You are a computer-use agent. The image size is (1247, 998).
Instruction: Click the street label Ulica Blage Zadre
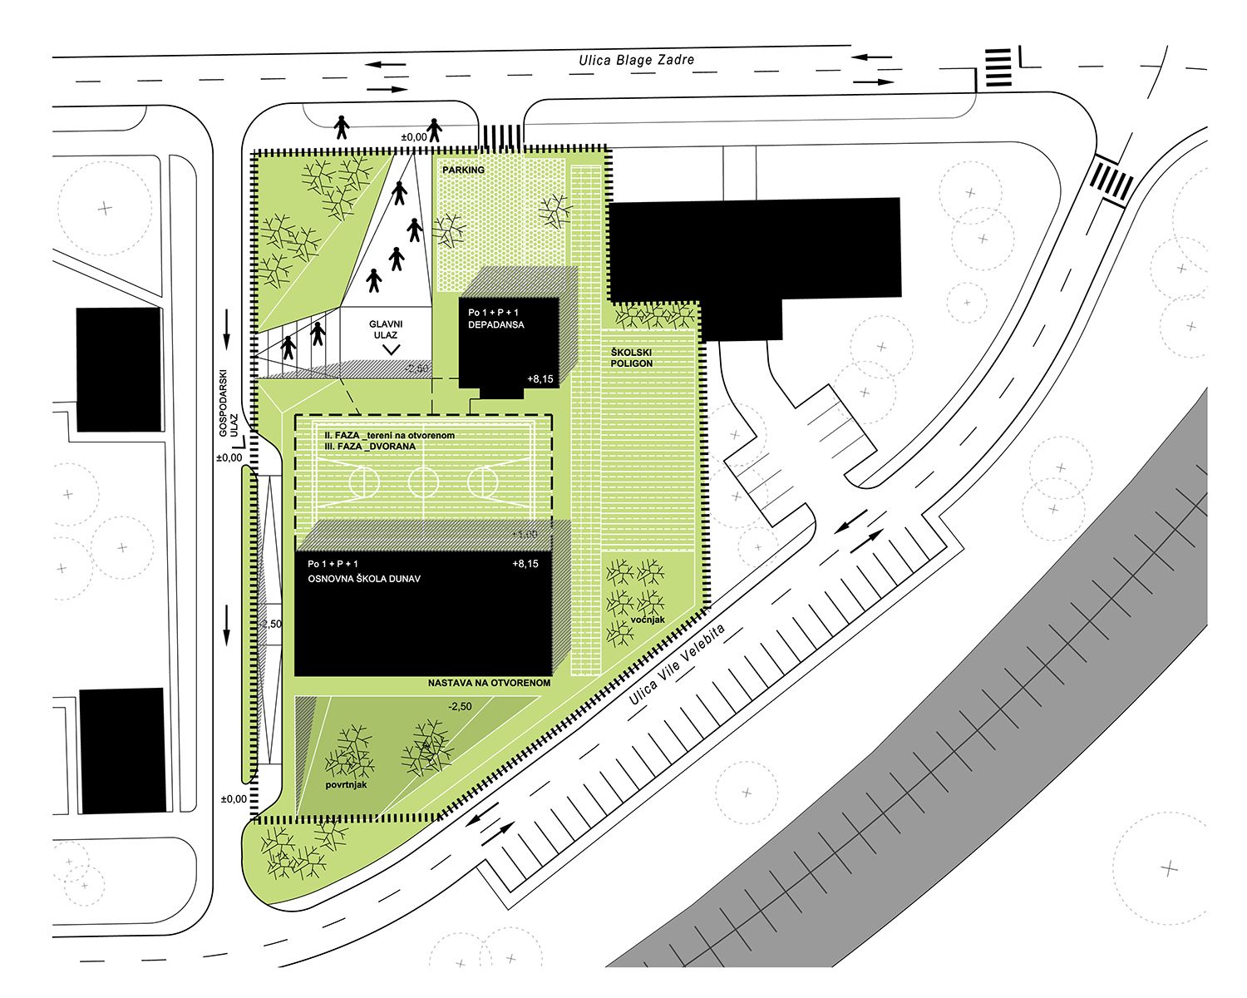(636, 60)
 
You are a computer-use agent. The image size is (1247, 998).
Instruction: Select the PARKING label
(463, 170)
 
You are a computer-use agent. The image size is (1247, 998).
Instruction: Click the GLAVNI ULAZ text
(386, 329)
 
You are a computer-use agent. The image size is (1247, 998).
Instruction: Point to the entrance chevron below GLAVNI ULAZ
(392, 349)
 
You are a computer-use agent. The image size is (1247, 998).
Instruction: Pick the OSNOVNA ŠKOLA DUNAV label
(364, 579)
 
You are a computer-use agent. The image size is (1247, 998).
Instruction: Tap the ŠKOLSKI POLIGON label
(632, 358)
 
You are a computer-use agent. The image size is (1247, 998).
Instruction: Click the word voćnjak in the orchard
(648, 620)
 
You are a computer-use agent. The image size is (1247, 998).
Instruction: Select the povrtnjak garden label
(346, 785)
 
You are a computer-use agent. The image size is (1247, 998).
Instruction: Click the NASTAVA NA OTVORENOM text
(489, 683)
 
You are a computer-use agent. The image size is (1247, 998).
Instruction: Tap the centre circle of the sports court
(424, 481)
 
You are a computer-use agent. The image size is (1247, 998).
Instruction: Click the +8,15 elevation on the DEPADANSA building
(540, 379)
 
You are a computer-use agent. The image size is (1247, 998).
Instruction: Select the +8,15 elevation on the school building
(525, 564)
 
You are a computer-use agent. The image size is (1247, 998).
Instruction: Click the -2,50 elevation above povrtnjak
(460, 706)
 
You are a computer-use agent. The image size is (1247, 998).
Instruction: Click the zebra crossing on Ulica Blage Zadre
(998, 68)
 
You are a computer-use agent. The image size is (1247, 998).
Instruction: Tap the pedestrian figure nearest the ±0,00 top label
(434, 129)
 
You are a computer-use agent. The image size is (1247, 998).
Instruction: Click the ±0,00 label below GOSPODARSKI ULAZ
(229, 457)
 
